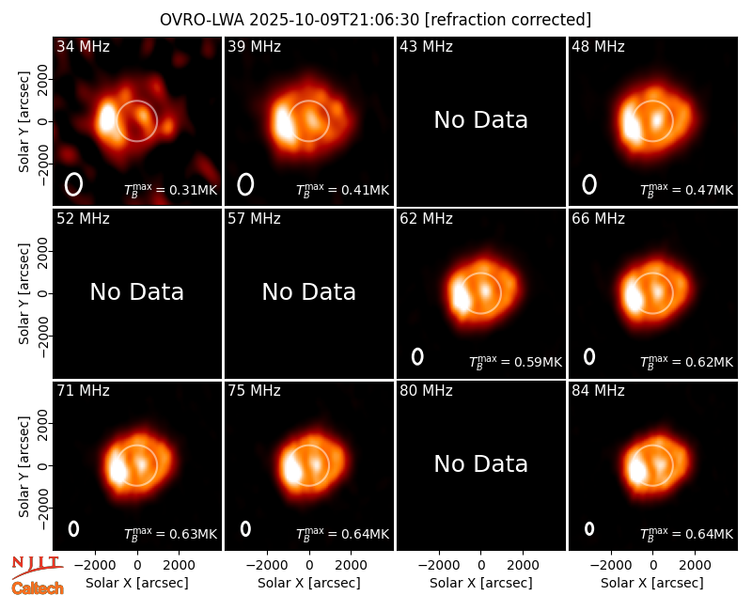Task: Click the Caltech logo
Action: pos(38,588)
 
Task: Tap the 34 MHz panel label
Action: pos(83,46)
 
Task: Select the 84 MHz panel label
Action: pos(598,391)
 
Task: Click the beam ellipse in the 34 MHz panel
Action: pos(74,184)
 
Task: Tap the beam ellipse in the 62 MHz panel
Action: pos(417,356)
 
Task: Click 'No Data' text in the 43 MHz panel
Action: pos(481,120)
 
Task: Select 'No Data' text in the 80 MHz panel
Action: pos(481,463)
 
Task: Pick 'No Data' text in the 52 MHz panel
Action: pos(137,291)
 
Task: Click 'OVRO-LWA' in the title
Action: pos(202,20)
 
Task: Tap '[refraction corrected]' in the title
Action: pos(509,20)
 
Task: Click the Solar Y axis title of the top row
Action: pos(23,122)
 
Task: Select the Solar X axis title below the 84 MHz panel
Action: pos(652,583)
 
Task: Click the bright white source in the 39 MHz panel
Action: pos(283,124)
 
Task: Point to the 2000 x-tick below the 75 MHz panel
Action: pos(351,565)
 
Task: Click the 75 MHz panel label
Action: pos(254,391)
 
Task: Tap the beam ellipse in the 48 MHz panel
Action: pos(589,184)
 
